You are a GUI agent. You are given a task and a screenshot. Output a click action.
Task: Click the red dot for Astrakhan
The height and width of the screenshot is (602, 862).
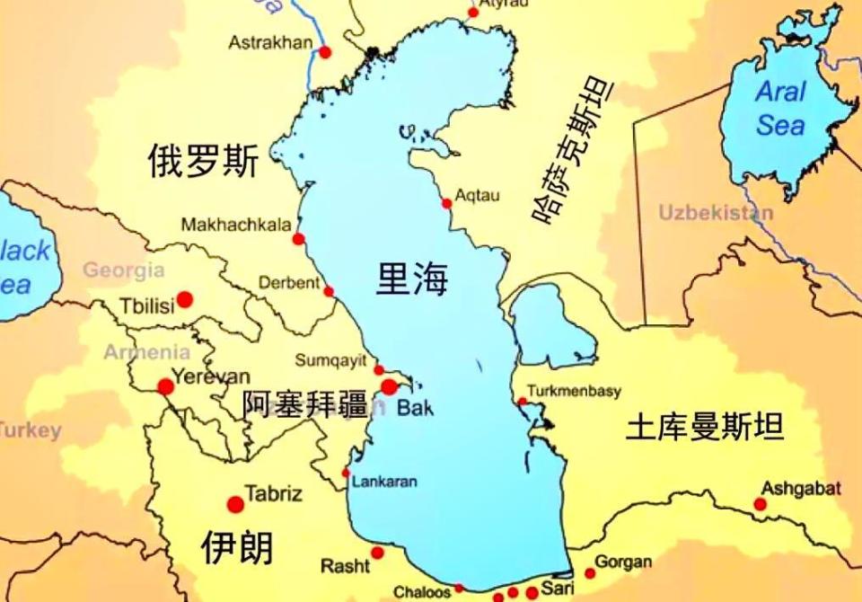(325, 53)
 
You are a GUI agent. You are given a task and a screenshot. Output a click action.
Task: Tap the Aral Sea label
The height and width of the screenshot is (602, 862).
(779, 108)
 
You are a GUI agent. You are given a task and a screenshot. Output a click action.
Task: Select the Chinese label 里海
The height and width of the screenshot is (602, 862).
(412, 279)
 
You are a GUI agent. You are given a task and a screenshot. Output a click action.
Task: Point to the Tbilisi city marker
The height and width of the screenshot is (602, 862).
(185, 299)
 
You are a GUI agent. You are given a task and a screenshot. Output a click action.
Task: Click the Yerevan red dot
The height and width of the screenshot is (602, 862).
(166, 387)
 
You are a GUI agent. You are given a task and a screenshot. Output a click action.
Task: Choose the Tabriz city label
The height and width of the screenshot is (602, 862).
(274, 493)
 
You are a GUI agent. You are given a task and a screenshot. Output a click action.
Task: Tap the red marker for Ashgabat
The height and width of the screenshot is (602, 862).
(761, 504)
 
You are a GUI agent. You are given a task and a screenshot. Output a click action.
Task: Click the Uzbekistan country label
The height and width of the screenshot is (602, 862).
(716, 213)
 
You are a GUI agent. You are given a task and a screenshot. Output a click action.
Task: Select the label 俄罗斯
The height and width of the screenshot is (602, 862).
(203, 162)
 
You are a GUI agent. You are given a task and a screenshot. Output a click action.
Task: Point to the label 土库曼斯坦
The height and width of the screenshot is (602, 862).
(705, 426)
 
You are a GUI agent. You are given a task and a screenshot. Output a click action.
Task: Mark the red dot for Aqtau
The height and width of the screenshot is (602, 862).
(446, 204)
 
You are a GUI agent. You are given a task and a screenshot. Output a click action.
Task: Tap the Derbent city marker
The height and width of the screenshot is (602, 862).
(329, 291)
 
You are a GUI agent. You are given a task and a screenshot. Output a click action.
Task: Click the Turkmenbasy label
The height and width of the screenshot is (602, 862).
(574, 392)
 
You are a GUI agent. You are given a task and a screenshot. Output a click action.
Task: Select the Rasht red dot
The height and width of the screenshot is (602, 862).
(377, 553)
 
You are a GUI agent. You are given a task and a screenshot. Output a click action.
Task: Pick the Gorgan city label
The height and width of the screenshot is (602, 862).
(623, 562)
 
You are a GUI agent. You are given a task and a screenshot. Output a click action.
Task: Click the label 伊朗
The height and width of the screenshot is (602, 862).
(237, 546)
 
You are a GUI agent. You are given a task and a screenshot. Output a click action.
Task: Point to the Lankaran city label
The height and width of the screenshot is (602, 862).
(384, 482)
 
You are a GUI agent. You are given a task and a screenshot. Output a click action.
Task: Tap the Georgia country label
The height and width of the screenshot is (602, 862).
(124, 270)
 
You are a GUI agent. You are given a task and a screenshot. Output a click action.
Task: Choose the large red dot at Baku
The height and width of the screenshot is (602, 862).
(389, 387)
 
